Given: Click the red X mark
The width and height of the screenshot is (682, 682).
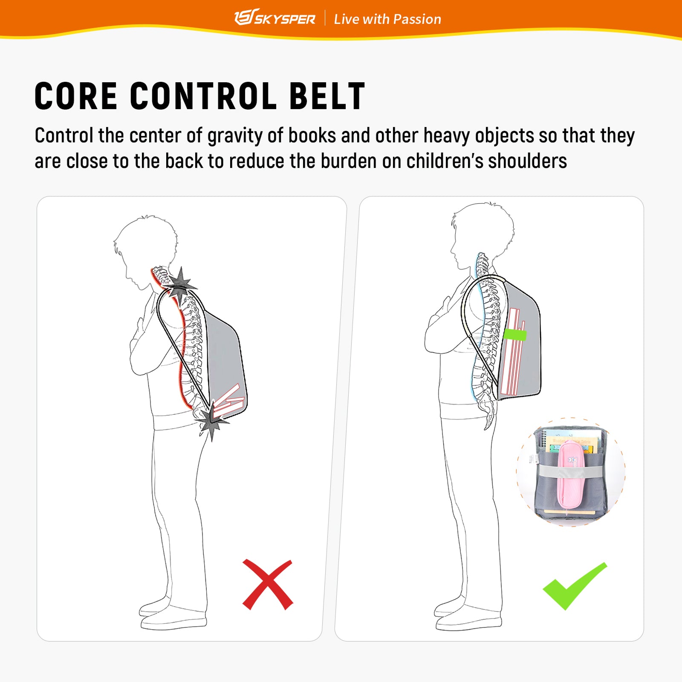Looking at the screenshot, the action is [x=268, y=584].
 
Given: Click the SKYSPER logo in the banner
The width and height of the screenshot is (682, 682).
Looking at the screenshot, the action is [x=275, y=18].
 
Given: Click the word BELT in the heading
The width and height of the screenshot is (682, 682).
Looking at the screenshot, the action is [x=327, y=96].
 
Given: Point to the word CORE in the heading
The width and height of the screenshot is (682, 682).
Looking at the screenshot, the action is [x=76, y=96].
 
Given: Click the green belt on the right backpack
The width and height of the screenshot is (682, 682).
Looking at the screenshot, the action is [x=515, y=334].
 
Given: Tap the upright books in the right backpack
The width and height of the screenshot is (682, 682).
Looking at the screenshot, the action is [x=513, y=352].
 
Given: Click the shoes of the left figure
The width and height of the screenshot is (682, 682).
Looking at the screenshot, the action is [x=173, y=614].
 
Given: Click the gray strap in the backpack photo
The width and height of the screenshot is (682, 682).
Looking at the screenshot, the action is [x=572, y=472].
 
